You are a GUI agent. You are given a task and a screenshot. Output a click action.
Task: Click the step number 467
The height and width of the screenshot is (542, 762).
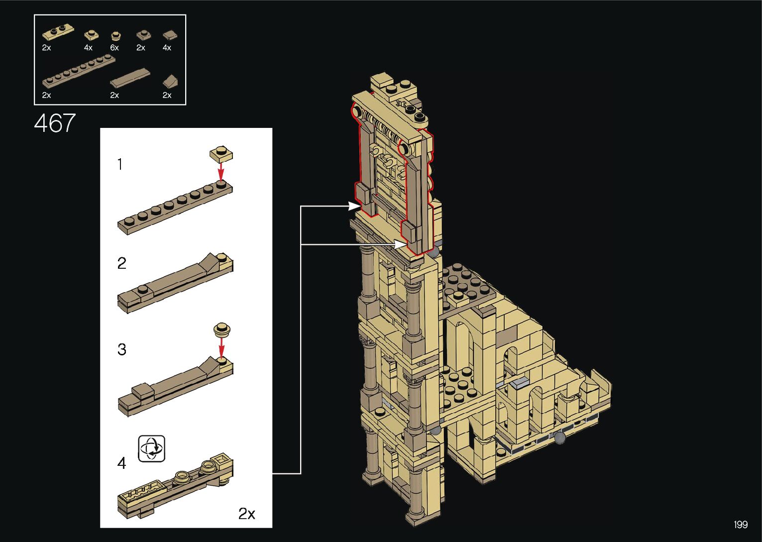click(x=55, y=123)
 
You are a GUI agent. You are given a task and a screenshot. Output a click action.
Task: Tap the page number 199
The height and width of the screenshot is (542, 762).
click(x=741, y=524)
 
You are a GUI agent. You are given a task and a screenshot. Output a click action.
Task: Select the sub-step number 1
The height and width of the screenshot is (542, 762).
click(x=120, y=164)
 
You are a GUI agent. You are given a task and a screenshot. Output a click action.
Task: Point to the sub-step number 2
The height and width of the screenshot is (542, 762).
click(x=122, y=263)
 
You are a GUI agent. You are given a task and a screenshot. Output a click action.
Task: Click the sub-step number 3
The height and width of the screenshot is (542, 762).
click(x=122, y=349)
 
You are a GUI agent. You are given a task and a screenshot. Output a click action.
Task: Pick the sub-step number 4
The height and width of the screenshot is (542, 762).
click(x=122, y=463)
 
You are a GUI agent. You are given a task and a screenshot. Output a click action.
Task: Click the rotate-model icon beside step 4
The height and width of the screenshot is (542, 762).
click(x=152, y=448)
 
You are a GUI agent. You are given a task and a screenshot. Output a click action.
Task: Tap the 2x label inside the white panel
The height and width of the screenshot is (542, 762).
click(x=247, y=514)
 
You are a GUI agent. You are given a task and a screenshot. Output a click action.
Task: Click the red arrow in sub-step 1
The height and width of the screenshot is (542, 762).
click(x=221, y=172)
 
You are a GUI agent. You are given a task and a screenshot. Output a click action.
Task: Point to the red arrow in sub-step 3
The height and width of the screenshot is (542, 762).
click(x=222, y=347)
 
